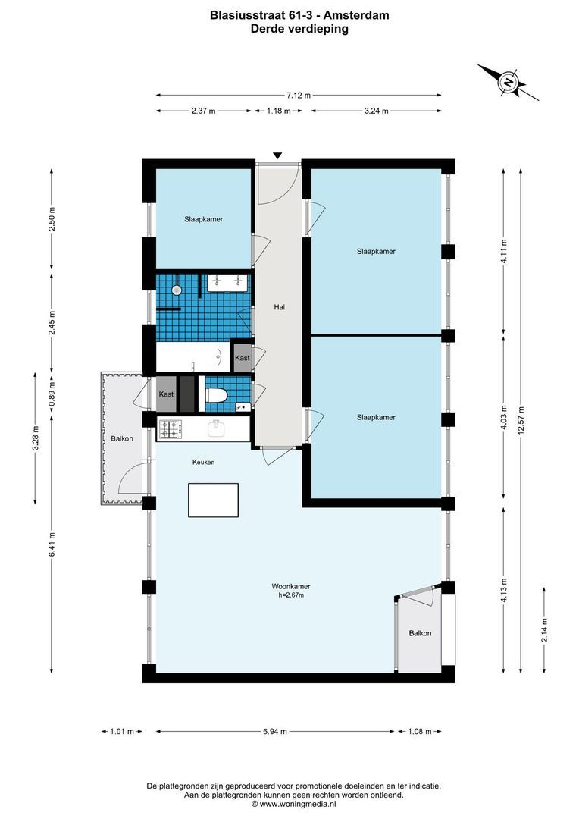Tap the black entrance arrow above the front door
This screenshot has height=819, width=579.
pos(277,155)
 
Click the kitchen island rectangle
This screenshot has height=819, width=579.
pos(213,500)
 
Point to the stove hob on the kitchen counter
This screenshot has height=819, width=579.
pos(170,429)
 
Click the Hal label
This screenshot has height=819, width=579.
pos(279,307)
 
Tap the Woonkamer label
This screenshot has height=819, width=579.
pos(291,586)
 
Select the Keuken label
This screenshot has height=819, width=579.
pos(202,462)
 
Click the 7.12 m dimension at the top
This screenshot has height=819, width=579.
pos(299,96)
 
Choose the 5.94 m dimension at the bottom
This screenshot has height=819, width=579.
pos(276,732)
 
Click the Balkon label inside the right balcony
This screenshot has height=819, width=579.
pos(420,633)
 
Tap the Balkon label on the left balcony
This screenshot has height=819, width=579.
pos(121,438)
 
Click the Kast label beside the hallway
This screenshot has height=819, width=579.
pos(242,358)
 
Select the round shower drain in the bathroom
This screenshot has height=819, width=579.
pos(177,290)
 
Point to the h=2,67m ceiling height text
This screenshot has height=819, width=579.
pos(291,596)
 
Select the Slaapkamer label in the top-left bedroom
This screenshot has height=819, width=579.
pos(203,219)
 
